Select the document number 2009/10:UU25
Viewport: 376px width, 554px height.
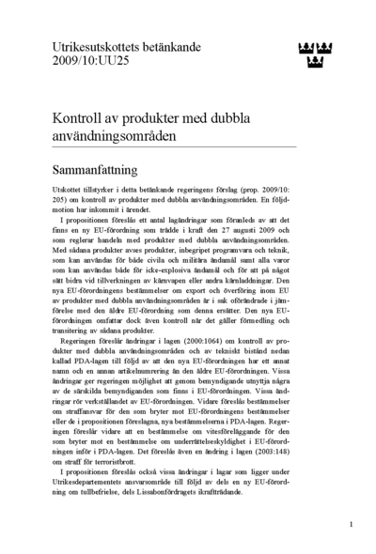pyautogui.click(x=93, y=60)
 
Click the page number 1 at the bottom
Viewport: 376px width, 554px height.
pyautogui.click(x=351, y=525)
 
